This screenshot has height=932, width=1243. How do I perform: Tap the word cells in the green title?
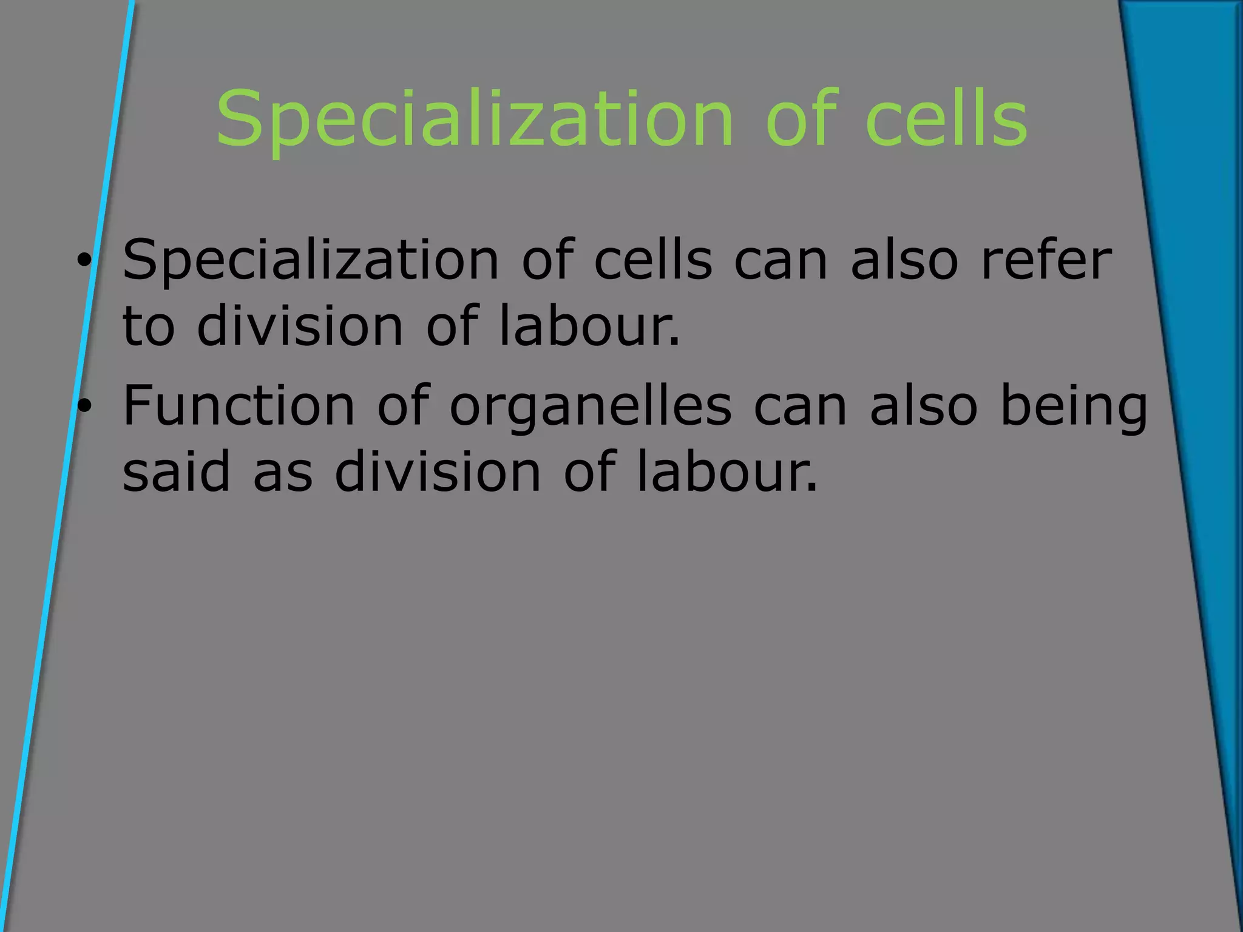point(947,118)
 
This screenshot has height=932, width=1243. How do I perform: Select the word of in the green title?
point(801,118)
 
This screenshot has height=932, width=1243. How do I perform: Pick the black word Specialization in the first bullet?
point(310,261)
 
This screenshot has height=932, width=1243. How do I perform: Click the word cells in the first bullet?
point(653,261)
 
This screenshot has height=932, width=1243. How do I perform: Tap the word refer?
point(1046,261)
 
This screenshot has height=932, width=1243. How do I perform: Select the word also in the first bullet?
point(904,261)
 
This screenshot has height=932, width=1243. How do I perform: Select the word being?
point(1074,407)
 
